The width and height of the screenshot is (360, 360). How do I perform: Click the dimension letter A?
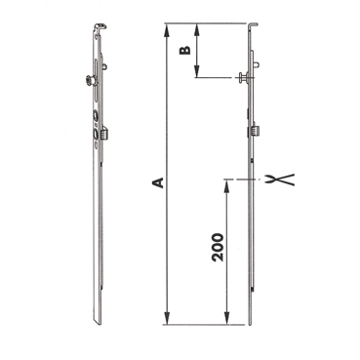(158, 182)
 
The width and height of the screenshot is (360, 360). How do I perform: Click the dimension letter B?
(185, 51)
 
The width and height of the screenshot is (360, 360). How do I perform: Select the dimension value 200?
(218, 247)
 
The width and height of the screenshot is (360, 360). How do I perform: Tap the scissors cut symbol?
(281, 180)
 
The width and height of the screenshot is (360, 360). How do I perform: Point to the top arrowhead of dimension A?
(167, 29)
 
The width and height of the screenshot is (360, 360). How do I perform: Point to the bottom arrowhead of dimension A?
(167, 318)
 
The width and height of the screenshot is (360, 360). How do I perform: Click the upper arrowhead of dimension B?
(196, 29)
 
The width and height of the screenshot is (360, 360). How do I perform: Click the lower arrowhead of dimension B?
(196, 71)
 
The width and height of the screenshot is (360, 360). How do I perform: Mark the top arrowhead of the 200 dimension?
(226, 185)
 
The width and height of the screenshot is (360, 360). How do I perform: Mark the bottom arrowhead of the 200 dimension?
(226, 318)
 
